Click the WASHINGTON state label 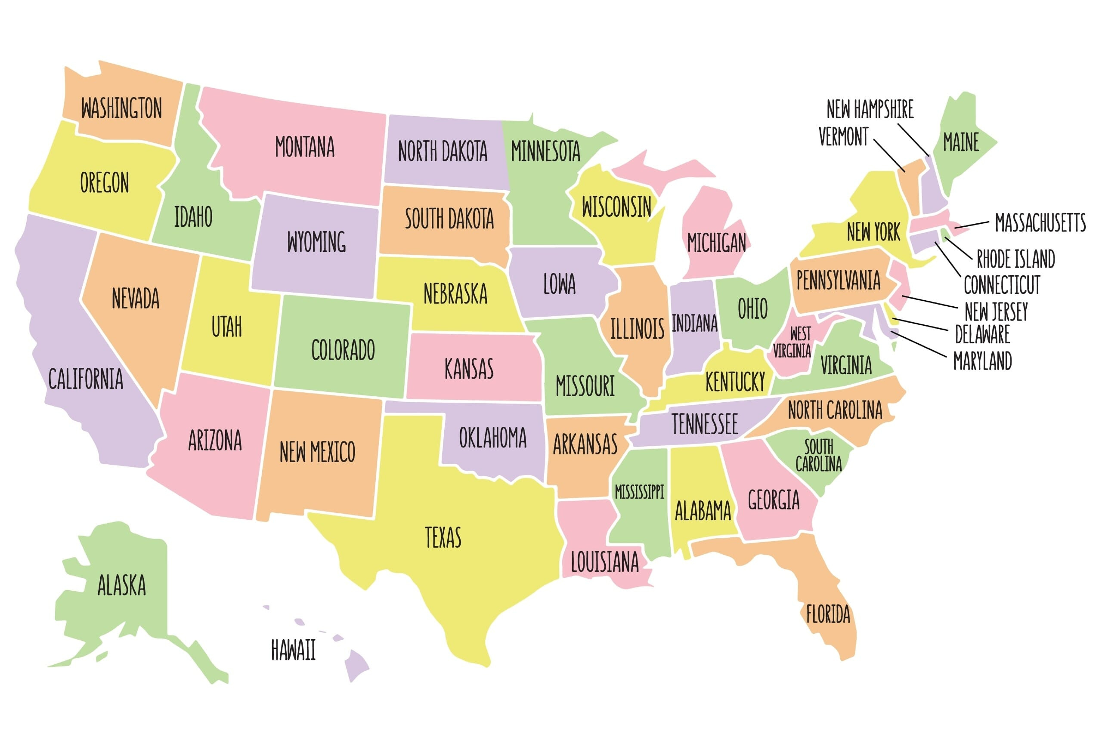121,108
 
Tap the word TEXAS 443,537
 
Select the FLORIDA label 827,614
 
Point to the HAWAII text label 293,650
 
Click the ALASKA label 121,585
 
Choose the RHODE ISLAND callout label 1015,259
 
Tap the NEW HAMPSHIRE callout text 870,109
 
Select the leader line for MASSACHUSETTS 972,225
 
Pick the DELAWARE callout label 982,334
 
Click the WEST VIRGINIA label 792,342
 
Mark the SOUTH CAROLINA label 818,455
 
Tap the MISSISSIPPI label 639,491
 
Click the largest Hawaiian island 356,665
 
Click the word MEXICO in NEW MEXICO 332,452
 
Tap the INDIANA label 694,323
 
